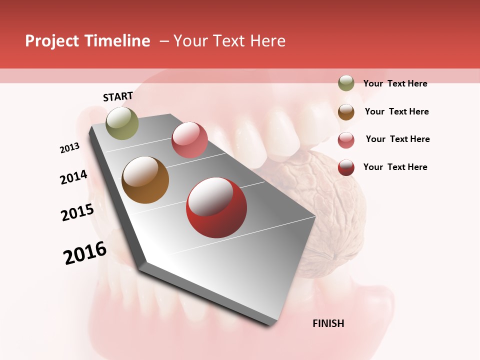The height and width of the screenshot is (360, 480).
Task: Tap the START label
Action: click(118, 96)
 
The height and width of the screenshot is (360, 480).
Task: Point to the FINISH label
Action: click(328, 323)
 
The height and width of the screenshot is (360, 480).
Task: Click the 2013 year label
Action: click(70, 148)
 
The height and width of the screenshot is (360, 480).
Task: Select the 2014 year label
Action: click(74, 177)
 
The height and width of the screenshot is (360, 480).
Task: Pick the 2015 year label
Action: click(77, 212)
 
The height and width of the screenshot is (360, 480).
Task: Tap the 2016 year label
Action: click(85, 253)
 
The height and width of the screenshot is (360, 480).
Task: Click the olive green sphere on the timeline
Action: click(122, 123)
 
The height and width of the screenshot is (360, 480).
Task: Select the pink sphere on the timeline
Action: click(189, 140)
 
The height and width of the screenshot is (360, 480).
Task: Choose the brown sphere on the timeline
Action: click(145, 180)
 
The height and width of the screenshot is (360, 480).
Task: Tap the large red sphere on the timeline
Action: click(216, 208)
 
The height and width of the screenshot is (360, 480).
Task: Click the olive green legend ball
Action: click(346, 83)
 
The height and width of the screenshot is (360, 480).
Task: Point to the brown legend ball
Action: click(346, 112)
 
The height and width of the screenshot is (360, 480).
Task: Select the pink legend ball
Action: click(346, 140)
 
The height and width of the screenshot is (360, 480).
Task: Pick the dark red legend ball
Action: click(346, 167)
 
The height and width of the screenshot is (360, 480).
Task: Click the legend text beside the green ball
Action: click(395, 83)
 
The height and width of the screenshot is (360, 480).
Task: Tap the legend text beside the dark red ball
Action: click(395, 167)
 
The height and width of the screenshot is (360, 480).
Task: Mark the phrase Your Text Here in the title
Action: click(229, 41)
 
